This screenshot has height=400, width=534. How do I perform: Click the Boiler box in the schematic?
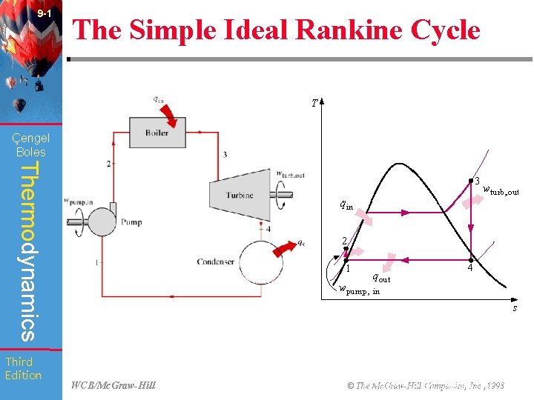157,133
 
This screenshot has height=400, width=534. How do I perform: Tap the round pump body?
100,219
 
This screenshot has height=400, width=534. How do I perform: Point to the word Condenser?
217,261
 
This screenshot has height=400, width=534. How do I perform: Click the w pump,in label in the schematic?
78,200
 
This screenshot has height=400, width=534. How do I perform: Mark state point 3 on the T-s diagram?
470,180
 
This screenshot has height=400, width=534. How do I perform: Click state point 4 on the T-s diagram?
470,260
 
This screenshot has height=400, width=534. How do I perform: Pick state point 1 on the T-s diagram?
346,260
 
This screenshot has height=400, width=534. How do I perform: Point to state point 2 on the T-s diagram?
346,248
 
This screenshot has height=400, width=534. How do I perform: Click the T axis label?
315,104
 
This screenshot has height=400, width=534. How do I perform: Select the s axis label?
515,307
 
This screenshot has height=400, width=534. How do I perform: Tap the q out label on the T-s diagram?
380,278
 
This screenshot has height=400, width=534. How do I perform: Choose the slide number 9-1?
44,14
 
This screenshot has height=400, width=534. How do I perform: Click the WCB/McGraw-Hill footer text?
113,385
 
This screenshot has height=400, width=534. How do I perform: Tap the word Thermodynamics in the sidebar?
27,252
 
